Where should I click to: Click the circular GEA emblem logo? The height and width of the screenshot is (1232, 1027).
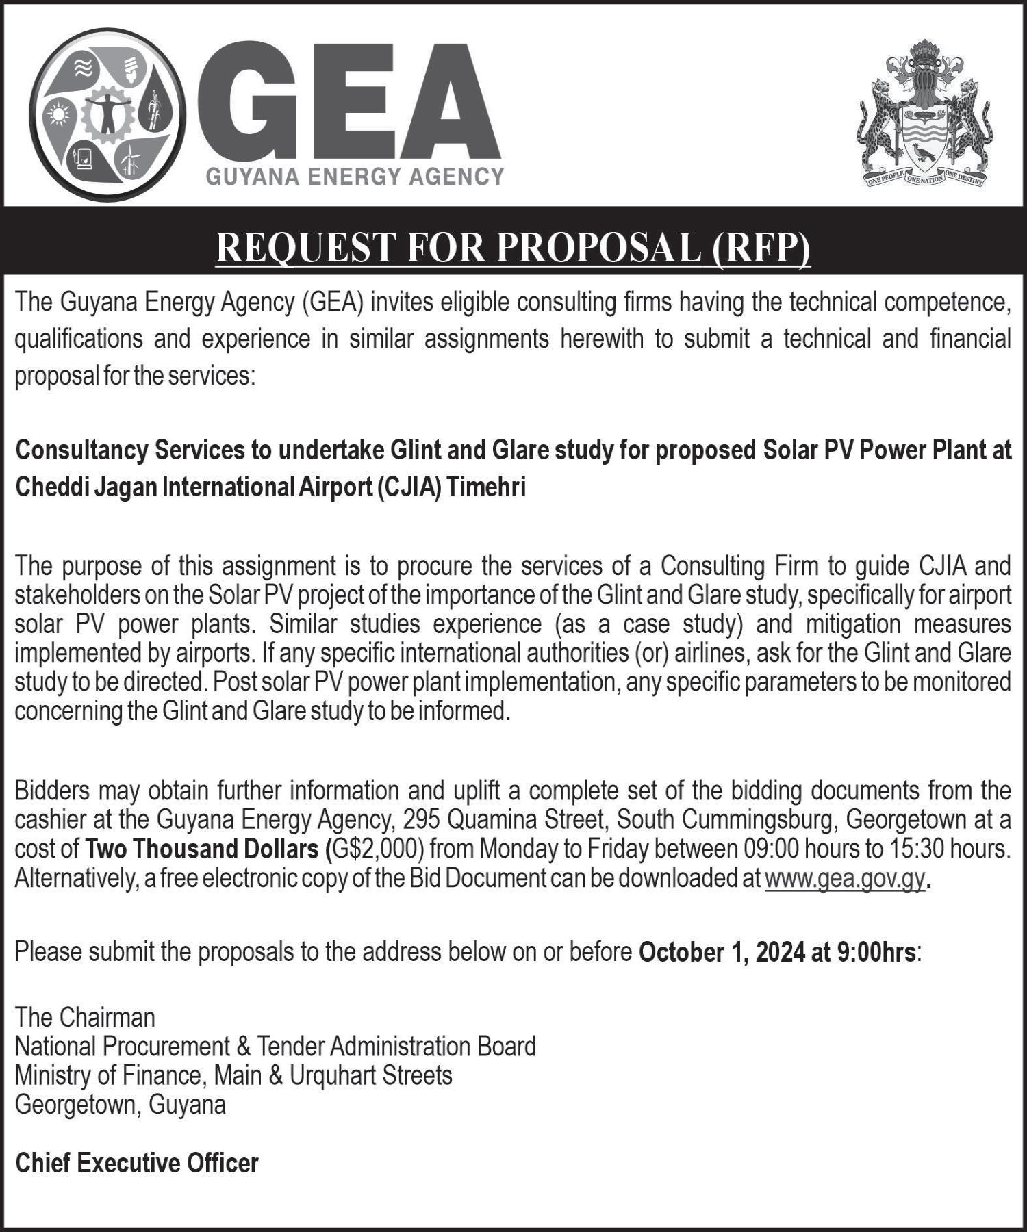tap(107, 114)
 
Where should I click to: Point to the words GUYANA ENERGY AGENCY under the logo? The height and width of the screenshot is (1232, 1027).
tap(355, 177)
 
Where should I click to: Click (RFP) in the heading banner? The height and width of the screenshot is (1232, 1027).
tap(761, 247)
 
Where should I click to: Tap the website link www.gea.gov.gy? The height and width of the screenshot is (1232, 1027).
tap(845, 878)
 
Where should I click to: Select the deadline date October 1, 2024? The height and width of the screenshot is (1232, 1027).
tap(722, 952)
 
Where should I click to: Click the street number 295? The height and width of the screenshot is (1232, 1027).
tap(420, 820)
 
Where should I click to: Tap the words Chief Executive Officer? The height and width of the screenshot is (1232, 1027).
tap(137, 1163)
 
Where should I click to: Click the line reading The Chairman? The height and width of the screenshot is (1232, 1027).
tap(85, 1018)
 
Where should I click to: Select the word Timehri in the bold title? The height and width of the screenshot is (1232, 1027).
tap(486, 487)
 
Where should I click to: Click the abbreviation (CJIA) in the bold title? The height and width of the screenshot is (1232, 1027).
tap(410, 487)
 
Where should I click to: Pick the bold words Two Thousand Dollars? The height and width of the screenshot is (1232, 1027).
tap(202, 849)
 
